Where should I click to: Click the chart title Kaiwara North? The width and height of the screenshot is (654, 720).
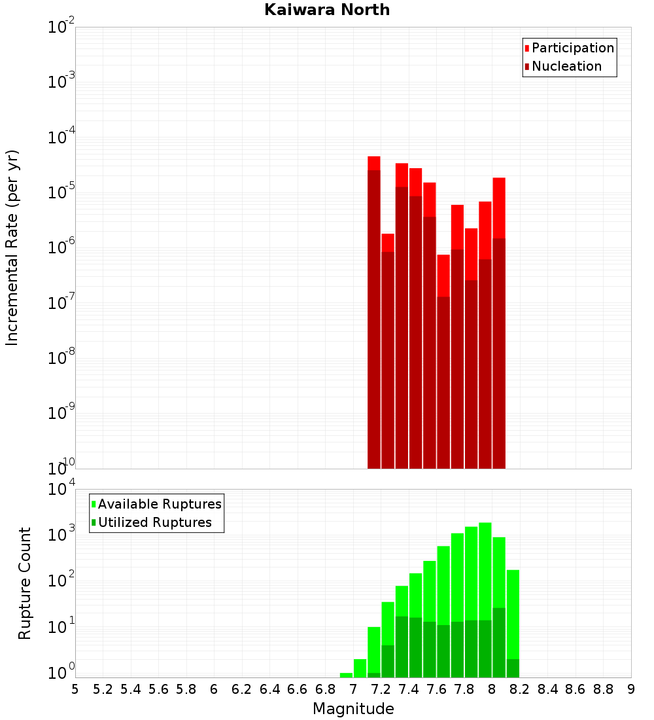pos(327,10)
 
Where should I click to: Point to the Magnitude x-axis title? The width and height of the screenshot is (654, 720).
pos(353,709)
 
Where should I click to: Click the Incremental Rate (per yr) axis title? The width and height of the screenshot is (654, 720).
pos(12,247)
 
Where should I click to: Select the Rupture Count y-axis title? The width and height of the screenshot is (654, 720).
pos(25,583)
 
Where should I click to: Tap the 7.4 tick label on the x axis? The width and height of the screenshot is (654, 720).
pos(409,689)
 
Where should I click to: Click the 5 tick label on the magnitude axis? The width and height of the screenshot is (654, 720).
pos(75,689)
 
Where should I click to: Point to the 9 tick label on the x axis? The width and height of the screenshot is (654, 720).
pos(630,689)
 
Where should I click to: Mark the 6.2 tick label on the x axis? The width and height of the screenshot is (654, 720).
pos(242,689)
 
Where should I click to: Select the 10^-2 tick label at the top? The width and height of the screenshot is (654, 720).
pos(61,27)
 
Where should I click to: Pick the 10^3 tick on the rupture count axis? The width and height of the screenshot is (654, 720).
pos(61,533)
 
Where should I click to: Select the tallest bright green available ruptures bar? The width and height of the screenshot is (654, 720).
pos(485,569)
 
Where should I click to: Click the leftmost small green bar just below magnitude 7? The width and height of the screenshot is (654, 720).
pos(346,675)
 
